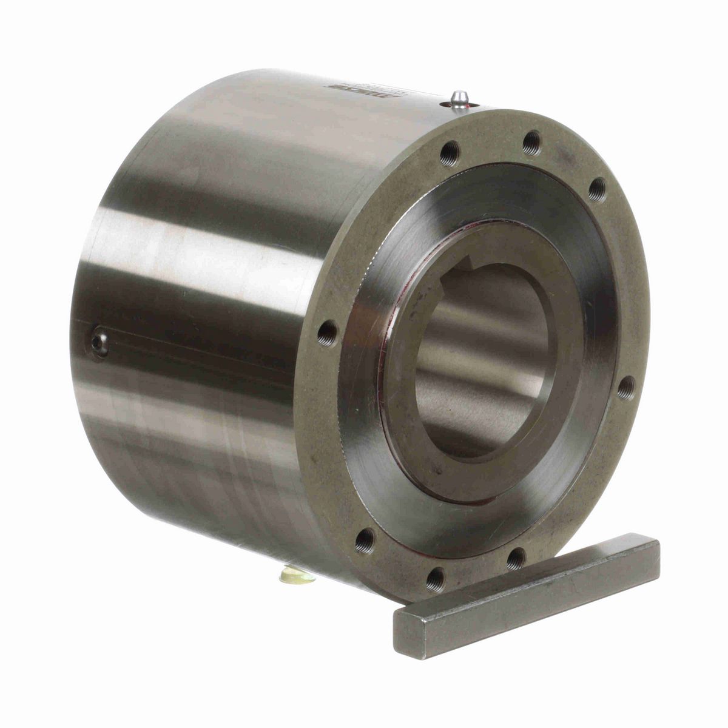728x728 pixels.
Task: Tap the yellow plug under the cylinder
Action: click(297, 575)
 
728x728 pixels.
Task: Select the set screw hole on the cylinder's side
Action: click(100, 345)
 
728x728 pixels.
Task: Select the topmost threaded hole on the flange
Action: click(531, 142)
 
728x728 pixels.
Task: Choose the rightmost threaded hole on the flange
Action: click(627, 386)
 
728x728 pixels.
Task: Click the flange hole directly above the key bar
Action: click(516, 557)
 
